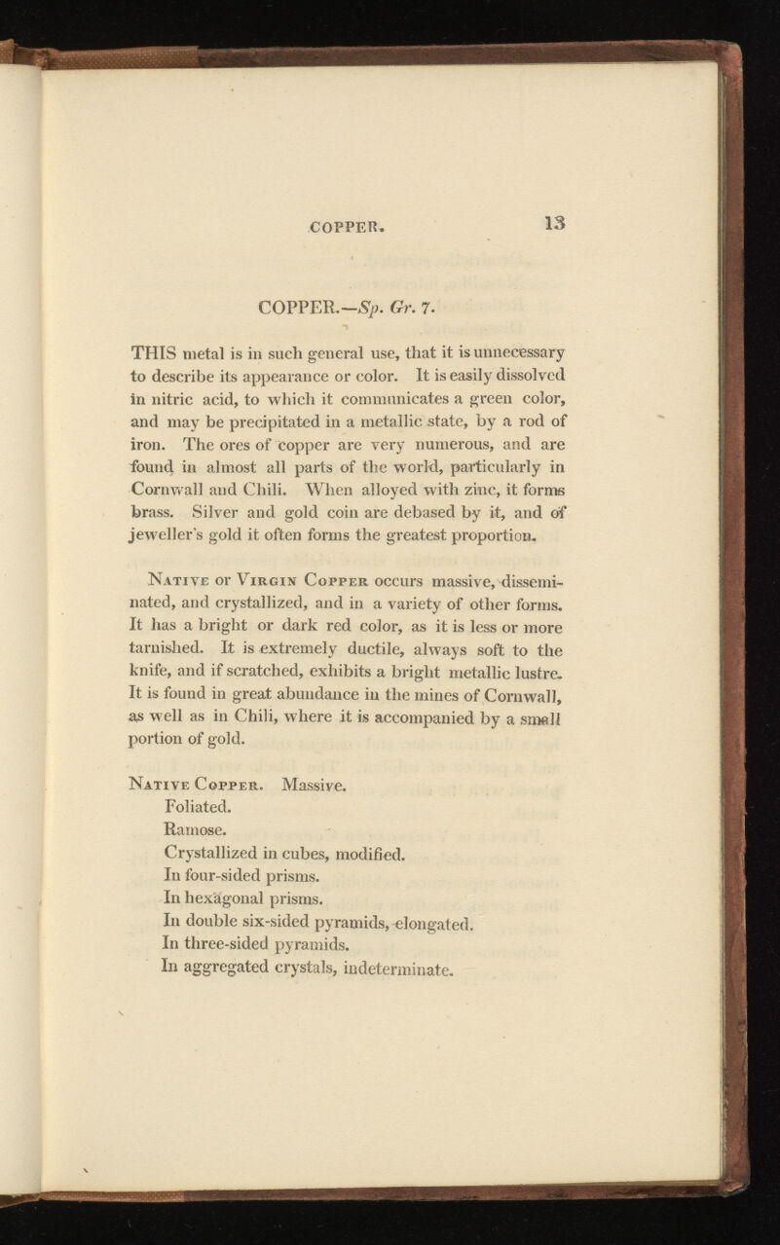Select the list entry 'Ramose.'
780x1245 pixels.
(x=201, y=828)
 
